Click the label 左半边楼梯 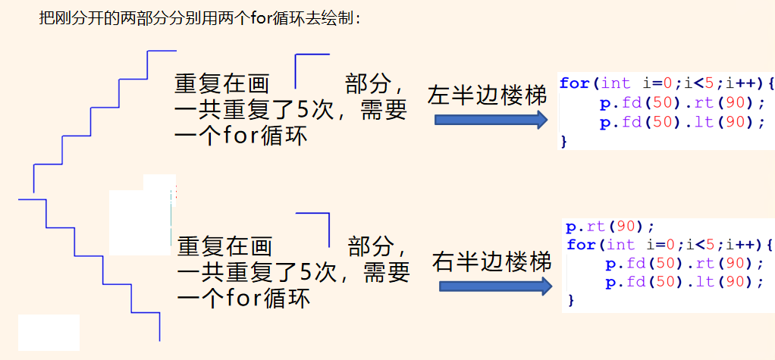click(487, 95)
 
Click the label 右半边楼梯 click(491, 261)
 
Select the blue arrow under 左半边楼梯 click(491, 120)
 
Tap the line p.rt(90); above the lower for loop click(610, 227)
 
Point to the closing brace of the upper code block click(563, 141)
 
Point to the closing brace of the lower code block click(571, 301)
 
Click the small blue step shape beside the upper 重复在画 click(311, 69)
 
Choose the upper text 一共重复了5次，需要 click(290, 111)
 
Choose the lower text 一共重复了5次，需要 click(293, 271)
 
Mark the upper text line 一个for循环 click(240, 136)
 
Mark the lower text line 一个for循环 click(243, 298)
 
